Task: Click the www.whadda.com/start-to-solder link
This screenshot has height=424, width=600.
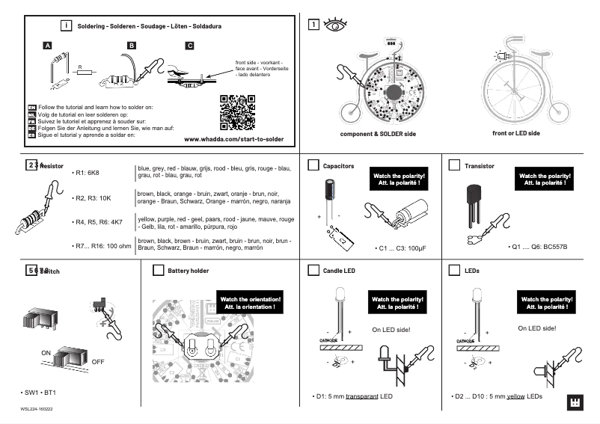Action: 233,139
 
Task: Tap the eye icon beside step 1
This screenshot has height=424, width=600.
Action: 334,25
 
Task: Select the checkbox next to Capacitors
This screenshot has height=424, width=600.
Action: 314,165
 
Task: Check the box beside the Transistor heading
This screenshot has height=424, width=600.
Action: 453,165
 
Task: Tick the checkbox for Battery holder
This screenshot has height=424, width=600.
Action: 158,270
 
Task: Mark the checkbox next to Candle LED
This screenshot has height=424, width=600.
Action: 314,270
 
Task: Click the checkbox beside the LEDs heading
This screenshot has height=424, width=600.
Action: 453,270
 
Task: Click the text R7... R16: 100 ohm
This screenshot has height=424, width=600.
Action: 102,245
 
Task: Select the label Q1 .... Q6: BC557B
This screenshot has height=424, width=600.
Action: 537,247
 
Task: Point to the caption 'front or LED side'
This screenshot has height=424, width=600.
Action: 516,133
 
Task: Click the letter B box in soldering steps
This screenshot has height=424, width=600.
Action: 132,46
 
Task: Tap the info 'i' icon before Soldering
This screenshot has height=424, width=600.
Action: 67,25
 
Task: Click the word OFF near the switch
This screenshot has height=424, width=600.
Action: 98,361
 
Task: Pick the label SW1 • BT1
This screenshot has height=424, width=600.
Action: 40,393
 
